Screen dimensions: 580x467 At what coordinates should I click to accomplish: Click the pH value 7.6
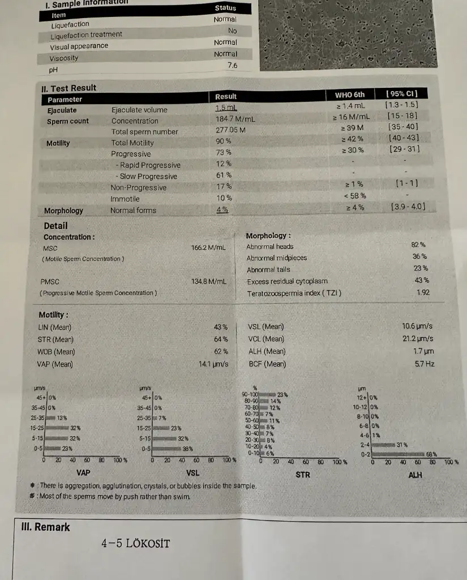232,66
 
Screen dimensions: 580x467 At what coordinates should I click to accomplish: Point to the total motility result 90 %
223,142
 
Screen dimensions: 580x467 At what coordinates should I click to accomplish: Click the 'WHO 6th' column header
350,95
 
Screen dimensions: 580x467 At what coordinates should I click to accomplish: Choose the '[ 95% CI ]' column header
401,93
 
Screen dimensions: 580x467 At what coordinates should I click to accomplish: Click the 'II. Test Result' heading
68,88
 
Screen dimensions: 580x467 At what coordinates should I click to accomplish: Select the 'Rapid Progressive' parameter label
149,165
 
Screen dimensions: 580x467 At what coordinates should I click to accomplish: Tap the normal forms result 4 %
222,210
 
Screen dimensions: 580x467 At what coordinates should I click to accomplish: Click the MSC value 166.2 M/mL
208,248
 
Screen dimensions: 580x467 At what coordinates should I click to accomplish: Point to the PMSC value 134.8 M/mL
208,282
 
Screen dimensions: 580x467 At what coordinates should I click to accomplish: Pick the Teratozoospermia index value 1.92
422,293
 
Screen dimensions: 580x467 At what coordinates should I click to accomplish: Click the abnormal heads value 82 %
419,245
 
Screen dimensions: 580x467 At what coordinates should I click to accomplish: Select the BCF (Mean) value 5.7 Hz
424,364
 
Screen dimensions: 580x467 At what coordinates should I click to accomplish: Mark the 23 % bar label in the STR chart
282,394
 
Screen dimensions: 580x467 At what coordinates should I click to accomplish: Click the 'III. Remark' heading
45,527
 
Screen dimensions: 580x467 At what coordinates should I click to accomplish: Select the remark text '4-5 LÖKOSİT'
135,544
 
